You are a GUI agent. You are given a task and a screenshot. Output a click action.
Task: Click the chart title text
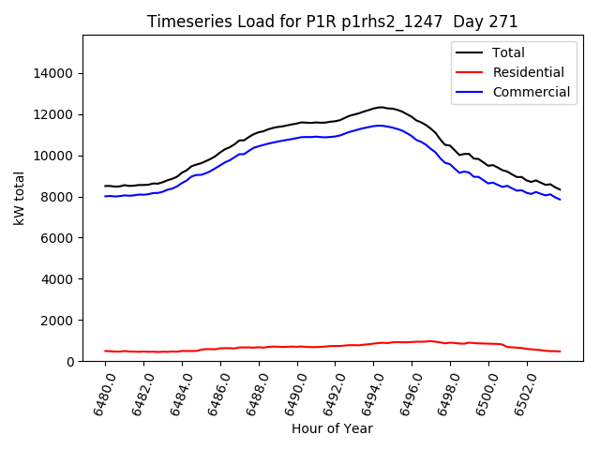point(333,22)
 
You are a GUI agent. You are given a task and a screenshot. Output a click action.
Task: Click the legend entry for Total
point(508,53)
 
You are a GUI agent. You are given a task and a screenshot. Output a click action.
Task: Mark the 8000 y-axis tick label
point(57,197)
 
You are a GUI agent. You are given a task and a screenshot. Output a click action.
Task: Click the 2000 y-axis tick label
point(57,321)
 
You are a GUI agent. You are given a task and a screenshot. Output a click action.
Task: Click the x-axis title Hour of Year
point(332,429)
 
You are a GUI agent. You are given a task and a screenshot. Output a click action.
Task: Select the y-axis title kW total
point(19,199)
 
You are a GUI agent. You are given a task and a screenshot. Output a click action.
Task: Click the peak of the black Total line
point(381,107)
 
